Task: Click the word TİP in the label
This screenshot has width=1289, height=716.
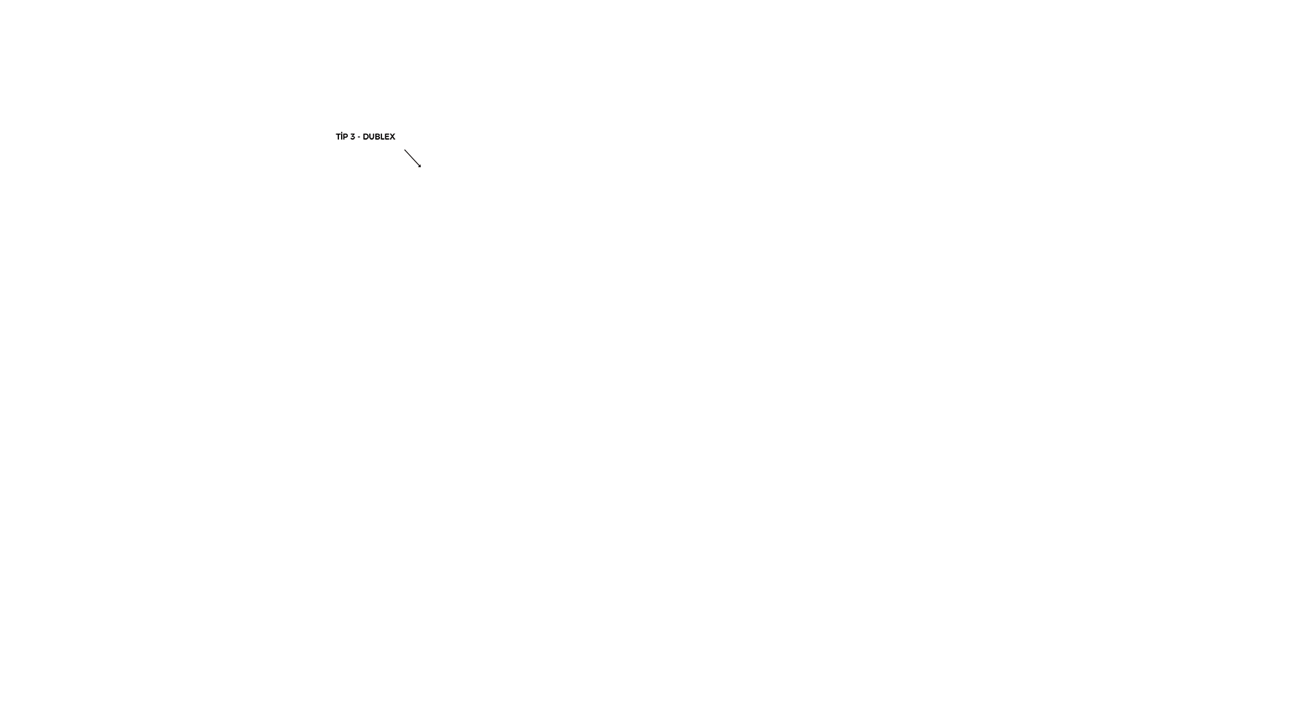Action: coord(342,136)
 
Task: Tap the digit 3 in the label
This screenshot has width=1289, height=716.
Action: coord(352,137)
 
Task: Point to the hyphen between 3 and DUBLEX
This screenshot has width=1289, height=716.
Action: coord(359,138)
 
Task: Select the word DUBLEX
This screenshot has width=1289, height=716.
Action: coord(379,137)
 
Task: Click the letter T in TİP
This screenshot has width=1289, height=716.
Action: coord(338,137)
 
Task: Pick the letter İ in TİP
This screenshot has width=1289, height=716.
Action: coord(342,136)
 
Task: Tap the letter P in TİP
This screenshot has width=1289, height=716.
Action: coord(346,137)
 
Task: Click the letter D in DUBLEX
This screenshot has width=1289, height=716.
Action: coord(365,137)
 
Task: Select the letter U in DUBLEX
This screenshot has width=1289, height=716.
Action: coord(372,137)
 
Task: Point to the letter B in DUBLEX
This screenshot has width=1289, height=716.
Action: coord(378,137)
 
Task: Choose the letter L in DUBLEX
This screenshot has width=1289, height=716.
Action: coord(383,137)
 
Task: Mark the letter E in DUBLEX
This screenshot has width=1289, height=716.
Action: coord(388,137)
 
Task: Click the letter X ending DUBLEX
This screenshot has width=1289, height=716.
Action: coord(393,137)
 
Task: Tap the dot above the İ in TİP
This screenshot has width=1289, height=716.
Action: coord(342,132)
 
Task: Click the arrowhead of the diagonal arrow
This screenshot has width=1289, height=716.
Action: coord(420,165)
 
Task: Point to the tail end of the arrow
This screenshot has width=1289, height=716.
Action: coord(404,150)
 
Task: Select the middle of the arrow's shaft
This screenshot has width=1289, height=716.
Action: coord(412,158)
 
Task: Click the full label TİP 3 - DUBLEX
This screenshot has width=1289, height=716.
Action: coord(365,136)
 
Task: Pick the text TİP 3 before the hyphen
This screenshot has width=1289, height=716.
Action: coord(345,136)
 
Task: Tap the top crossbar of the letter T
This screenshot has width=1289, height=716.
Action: coord(338,134)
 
